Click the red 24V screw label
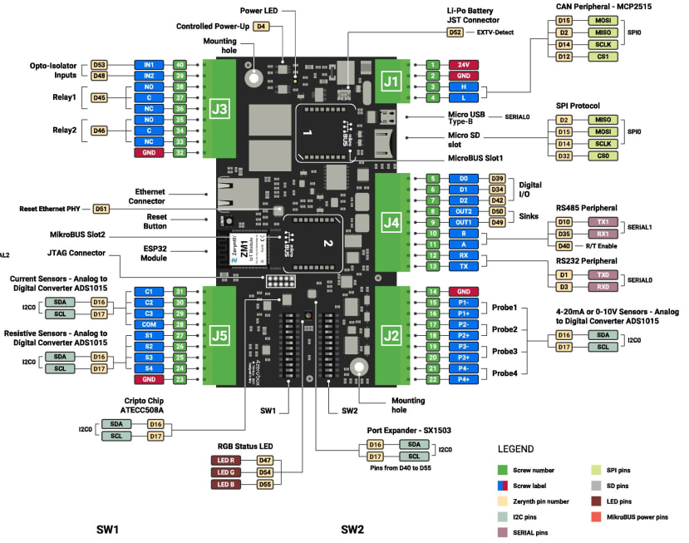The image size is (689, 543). pos(463,64)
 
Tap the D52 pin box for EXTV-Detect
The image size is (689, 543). pos(455,32)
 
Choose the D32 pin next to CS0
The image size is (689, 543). pos(564,155)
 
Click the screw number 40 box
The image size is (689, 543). pos(180,64)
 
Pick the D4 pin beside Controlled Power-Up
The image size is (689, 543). pos(262,27)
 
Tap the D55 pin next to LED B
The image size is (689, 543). pos(264,484)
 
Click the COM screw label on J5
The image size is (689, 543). pos(149,323)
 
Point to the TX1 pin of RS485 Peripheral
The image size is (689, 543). pos(603,222)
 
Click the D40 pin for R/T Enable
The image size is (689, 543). pos(564,245)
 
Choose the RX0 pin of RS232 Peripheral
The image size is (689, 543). pos(603,287)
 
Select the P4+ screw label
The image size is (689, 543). pos(463,379)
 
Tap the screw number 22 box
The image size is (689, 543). pos(433,379)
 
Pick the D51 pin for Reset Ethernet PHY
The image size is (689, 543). pos(101,209)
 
